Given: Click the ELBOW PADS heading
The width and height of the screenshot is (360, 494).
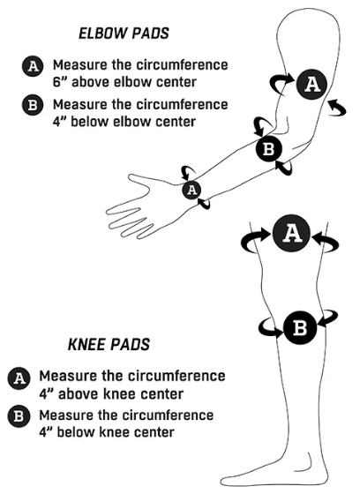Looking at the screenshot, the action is (124, 34).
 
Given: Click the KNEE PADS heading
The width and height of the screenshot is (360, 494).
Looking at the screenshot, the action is (109, 345).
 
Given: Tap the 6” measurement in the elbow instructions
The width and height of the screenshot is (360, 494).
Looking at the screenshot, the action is (60, 82).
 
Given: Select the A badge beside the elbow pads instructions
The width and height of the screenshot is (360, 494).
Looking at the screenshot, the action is (33, 66).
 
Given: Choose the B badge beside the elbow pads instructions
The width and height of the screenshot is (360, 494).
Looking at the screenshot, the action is (33, 105).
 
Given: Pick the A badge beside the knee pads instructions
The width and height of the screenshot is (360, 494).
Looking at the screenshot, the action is (19, 378).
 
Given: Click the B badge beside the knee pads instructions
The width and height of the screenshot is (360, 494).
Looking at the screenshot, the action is (19, 416).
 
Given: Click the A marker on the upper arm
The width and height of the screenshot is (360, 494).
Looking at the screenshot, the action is (311, 84).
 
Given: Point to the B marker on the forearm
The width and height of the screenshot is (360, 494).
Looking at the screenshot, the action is (268, 149).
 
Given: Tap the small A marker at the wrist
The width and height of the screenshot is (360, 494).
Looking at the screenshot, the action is (191, 190).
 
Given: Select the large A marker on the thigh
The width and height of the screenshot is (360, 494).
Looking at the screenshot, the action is (291, 234).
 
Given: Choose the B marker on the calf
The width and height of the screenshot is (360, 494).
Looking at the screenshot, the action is (299, 327).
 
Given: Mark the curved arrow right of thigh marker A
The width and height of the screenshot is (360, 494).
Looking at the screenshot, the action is (326, 242).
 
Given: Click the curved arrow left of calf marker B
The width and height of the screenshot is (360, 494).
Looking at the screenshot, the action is (269, 329).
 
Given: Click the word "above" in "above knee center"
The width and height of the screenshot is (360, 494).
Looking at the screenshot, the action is (76, 394).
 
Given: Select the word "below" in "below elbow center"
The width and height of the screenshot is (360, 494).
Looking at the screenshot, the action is (89, 122).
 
